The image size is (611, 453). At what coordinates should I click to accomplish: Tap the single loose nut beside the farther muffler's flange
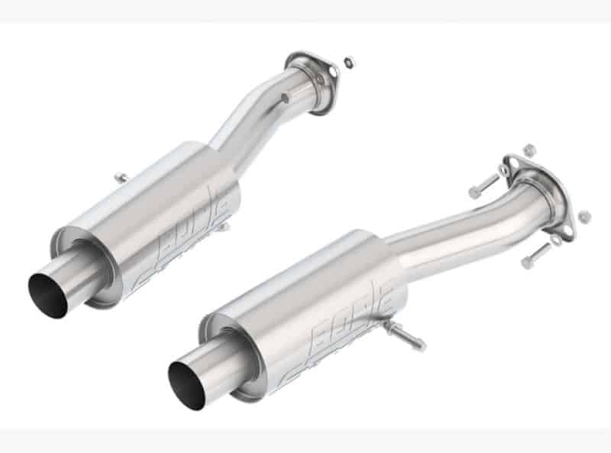(x=349, y=60)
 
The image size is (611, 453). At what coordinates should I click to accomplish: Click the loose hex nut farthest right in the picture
(x=584, y=217)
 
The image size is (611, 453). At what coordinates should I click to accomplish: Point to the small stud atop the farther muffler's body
(x=122, y=178)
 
